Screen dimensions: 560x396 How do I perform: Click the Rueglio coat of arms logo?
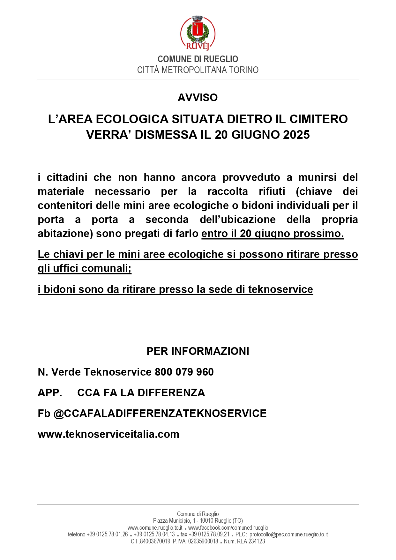pos(198,33)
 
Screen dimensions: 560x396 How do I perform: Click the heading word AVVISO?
pos(198,98)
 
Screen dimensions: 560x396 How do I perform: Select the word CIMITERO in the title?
pos(318,119)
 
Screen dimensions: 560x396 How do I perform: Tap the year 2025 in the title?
pos(296,135)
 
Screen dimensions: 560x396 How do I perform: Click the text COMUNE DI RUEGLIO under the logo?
pos(198,59)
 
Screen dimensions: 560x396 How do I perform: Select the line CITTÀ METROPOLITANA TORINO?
pos(198,70)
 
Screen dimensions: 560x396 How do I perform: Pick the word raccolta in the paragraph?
pos(228,191)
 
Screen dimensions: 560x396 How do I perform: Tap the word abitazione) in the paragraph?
pos(65,234)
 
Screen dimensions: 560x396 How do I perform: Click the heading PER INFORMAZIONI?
pos(198,351)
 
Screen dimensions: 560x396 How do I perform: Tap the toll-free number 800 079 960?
pos(184,372)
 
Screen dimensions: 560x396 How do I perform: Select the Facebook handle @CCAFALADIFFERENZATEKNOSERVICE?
pos(160,414)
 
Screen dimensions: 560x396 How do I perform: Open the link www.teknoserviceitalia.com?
pos(108,434)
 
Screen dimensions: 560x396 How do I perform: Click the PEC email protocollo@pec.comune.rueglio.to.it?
pos(288,534)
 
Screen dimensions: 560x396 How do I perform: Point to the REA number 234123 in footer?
pos(257,541)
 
